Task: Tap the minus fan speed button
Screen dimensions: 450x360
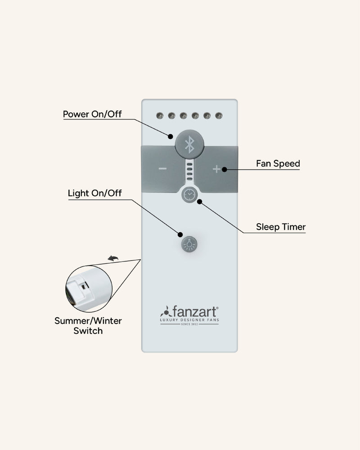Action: (x=162, y=169)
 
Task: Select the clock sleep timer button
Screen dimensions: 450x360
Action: (x=189, y=194)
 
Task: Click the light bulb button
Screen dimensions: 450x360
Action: (x=189, y=244)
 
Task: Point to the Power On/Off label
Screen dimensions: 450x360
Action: (x=92, y=114)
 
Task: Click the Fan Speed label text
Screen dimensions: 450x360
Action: (x=278, y=163)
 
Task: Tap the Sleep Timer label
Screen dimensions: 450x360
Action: (x=280, y=227)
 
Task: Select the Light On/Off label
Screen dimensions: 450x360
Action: (x=94, y=193)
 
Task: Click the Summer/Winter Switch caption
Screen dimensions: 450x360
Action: (x=88, y=326)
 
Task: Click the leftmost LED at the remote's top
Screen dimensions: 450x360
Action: (x=159, y=116)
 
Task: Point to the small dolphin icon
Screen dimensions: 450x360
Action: (x=113, y=258)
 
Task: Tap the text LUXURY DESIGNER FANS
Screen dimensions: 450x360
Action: (x=189, y=319)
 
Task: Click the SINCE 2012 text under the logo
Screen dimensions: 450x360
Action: (x=189, y=324)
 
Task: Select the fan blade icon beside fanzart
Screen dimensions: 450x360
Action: (x=165, y=311)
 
